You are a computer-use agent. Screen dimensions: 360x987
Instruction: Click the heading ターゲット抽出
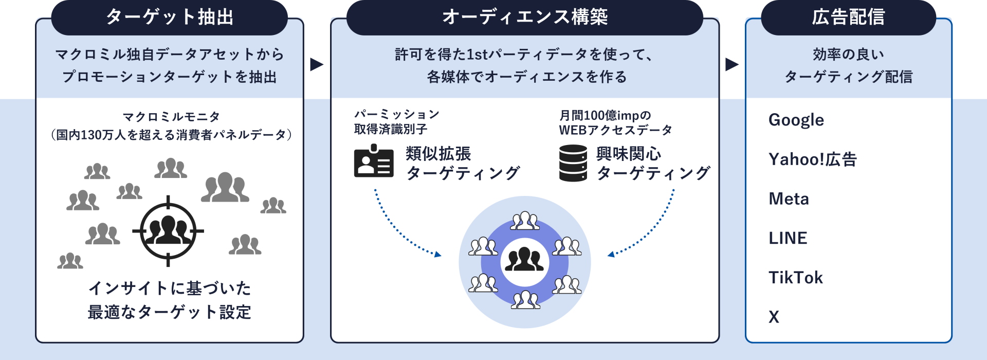tap(169, 17)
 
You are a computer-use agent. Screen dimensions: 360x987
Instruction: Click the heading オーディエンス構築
tap(525, 17)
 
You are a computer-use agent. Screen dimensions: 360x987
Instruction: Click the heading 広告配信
tap(848, 17)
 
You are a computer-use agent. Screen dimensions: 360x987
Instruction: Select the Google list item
tap(796, 120)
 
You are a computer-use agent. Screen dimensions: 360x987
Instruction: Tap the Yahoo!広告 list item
tap(812, 159)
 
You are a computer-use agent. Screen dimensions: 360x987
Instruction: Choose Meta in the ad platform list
tap(789, 199)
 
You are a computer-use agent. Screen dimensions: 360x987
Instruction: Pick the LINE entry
tap(788, 238)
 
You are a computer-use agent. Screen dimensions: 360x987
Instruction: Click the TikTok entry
tap(795, 278)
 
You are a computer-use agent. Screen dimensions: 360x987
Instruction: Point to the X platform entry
tap(774, 317)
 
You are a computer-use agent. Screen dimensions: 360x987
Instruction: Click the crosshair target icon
tap(168, 231)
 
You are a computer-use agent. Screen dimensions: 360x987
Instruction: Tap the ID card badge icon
tap(374, 161)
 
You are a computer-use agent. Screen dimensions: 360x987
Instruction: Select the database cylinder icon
tap(573, 163)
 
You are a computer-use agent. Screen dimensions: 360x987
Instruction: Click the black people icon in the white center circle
tap(524, 261)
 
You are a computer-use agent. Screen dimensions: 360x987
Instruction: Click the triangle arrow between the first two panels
tap(316, 65)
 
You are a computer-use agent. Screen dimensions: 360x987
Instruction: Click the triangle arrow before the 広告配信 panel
tap(732, 65)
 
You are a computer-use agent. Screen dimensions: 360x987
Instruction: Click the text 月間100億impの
tap(605, 115)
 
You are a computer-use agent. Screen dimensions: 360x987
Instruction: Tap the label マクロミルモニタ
tap(171, 117)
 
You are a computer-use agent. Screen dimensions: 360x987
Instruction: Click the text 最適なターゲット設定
tap(169, 312)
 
